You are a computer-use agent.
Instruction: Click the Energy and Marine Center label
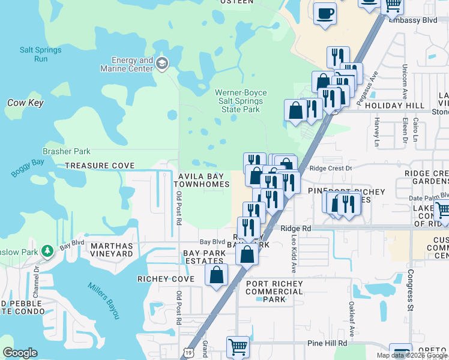(x=132, y=64)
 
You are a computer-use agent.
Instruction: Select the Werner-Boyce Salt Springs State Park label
(x=241, y=101)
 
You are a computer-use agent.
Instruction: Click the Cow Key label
(x=25, y=103)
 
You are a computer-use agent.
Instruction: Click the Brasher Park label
(x=66, y=152)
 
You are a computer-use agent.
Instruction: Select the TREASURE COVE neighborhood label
(x=100, y=166)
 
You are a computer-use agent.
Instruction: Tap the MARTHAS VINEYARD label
(x=111, y=250)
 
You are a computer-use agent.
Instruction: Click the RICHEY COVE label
(x=166, y=280)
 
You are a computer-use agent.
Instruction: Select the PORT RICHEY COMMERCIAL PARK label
(x=274, y=292)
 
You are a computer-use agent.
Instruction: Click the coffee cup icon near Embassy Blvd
(x=325, y=13)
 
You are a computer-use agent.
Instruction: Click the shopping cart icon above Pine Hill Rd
(x=238, y=347)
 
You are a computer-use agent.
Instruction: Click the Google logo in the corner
(x=20, y=352)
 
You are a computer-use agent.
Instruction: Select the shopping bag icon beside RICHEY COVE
(x=217, y=275)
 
